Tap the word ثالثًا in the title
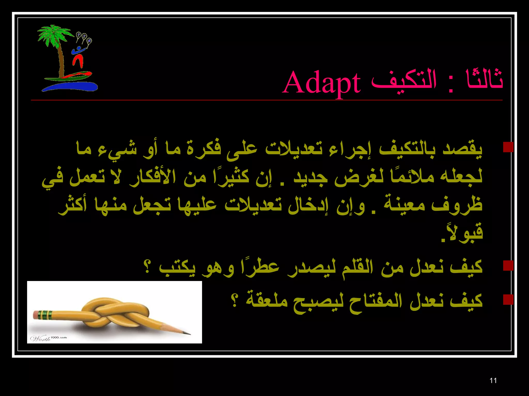click(x=484, y=80)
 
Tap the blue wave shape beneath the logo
click(x=70, y=87)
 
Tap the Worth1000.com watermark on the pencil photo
click(x=49, y=338)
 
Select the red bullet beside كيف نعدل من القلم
click(x=508, y=265)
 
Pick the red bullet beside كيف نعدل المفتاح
click(x=508, y=299)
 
